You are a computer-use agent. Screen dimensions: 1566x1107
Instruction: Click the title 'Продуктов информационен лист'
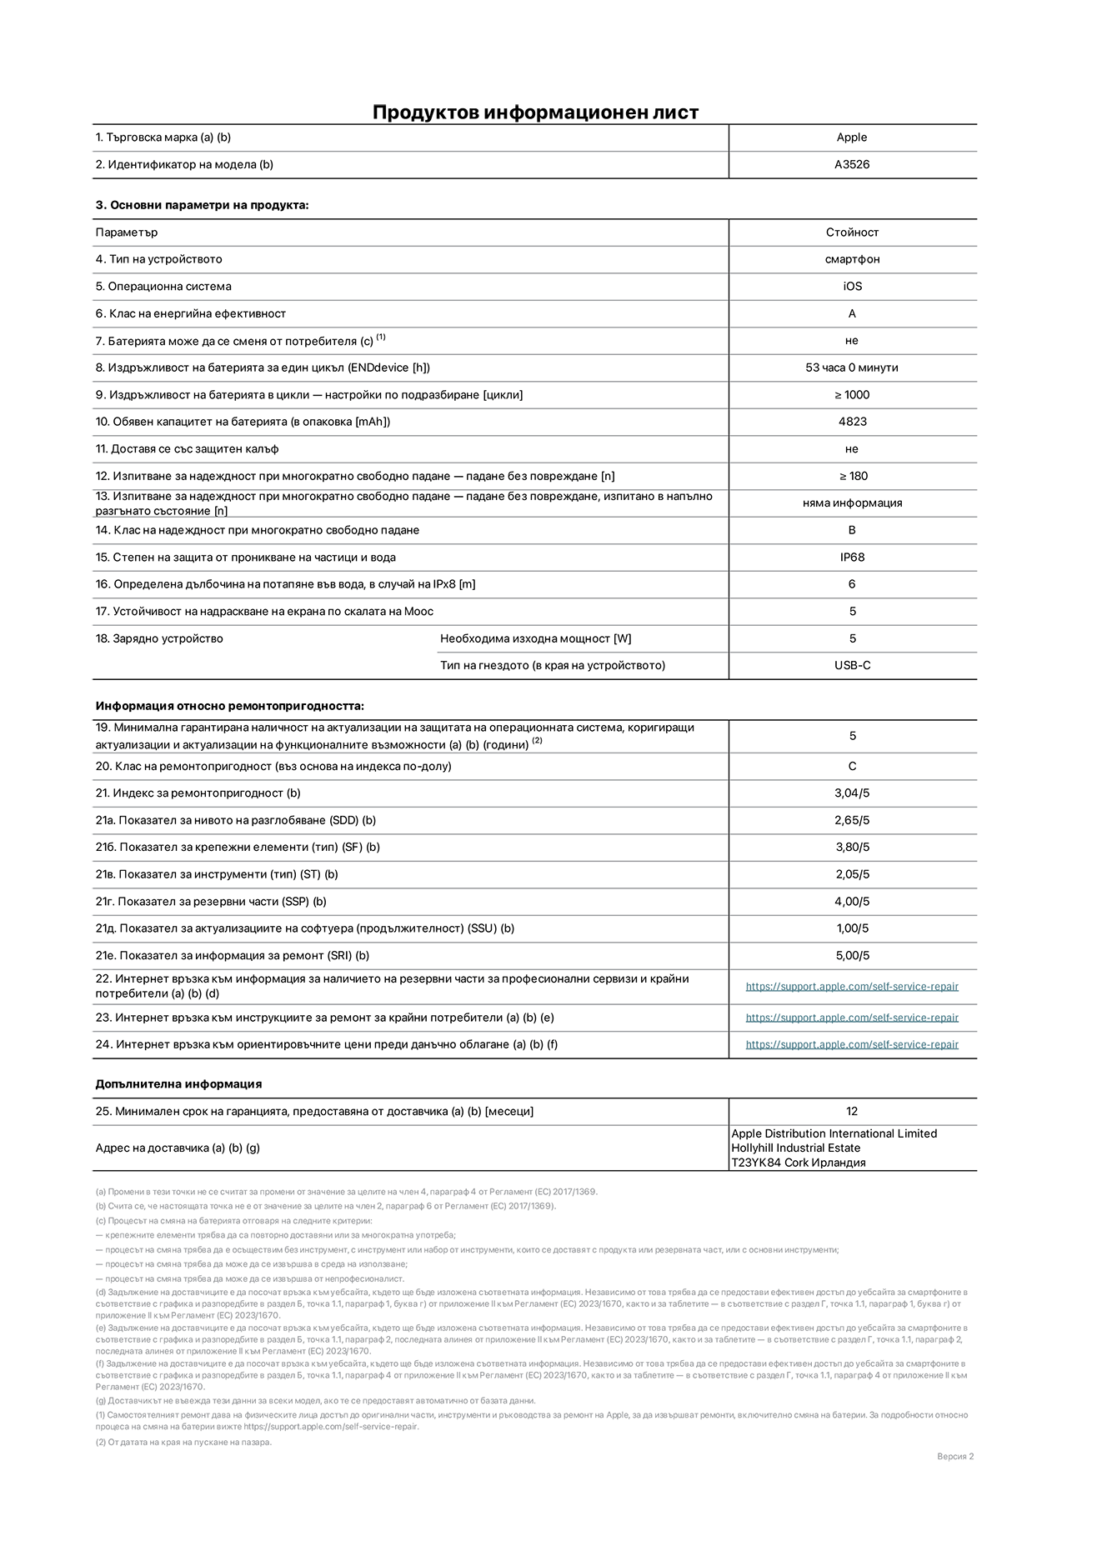pyautogui.click(x=535, y=112)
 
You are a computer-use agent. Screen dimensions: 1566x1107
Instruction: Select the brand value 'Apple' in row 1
pyautogui.click(x=852, y=138)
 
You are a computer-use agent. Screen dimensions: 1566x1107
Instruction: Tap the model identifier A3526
pyautogui.click(x=852, y=164)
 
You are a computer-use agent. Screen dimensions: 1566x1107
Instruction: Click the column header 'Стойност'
pyautogui.click(x=852, y=233)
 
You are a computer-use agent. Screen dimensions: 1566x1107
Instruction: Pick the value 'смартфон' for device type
pyautogui.click(x=852, y=259)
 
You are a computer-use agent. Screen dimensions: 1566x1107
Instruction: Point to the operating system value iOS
pyautogui.click(x=852, y=286)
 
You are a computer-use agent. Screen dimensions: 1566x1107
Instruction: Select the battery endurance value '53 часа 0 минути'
pyautogui.click(x=852, y=368)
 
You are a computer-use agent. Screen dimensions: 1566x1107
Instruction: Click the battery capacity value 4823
pyautogui.click(x=852, y=422)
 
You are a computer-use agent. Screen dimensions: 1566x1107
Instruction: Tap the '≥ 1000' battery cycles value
pyautogui.click(x=852, y=395)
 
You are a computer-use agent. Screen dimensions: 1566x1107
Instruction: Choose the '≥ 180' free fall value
pyautogui.click(x=852, y=476)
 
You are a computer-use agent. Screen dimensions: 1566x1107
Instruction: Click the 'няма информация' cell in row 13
pyautogui.click(x=852, y=503)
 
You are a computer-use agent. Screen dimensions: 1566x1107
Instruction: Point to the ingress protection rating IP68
pyautogui.click(x=852, y=557)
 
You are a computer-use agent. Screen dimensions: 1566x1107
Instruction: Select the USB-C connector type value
pyautogui.click(x=852, y=665)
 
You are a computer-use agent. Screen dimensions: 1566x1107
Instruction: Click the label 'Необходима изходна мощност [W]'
pyautogui.click(x=535, y=638)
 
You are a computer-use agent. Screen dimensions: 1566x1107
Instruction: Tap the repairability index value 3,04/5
pyautogui.click(x=852, y=793)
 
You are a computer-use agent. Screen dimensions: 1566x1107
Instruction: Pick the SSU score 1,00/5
pyautogui.click(x=852, y=928)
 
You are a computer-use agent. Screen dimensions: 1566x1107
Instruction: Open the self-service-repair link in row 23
pyautogui.click(x=852, y=1018)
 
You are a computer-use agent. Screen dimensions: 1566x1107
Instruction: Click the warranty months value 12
pyautogui.click(x=852, y=1111)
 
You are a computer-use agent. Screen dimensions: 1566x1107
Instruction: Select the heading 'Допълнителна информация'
pyautogui.click(x=178, y=1084)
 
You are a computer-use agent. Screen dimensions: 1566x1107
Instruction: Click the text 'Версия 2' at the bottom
pyautogui.click(x=955, y=1456)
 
